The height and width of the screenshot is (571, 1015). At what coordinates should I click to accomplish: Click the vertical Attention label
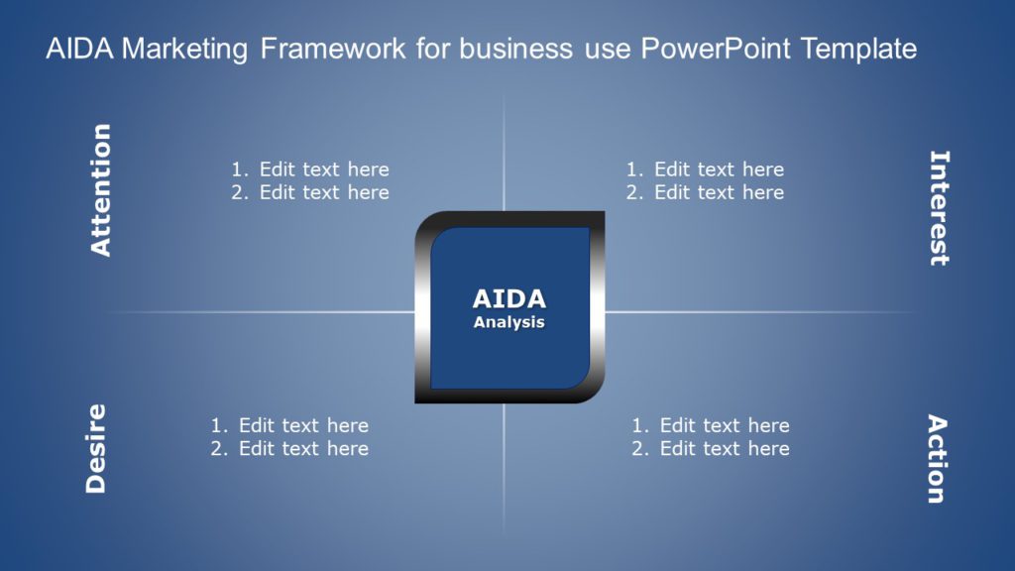pyautogui.click(x=101, y=190)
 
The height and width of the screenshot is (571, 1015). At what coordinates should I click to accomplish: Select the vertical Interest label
pyautogui.click(x=938, y=208)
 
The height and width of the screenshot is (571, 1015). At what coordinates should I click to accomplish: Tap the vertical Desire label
pyautogui.click(x=96, y=448)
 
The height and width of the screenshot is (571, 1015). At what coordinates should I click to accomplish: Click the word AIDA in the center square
pyautogui.click(x=508, y=299)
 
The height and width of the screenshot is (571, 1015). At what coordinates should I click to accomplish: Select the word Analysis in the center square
pyautogui.click(x=508, y=322)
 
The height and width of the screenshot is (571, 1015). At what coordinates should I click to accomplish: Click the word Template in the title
pyautogui.click(x=858, y=50)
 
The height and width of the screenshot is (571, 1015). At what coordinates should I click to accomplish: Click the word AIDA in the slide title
pyautogui.click(x=79, y=50)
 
